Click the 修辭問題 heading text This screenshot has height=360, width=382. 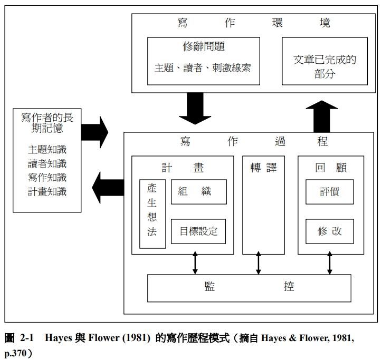[204, 47]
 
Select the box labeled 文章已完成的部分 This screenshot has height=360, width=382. [324, 61]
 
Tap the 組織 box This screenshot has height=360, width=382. [198, 191]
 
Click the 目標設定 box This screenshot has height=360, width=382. [198, 231]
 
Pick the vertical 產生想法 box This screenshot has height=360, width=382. [152, 213]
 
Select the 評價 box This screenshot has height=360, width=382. [329, 191]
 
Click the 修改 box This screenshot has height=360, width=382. [329, 231]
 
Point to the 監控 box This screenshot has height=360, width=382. [249, 288]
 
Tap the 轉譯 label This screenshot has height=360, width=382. [263, 168]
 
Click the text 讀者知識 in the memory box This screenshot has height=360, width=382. [47, 163]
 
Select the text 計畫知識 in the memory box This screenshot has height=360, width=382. [47, 191]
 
